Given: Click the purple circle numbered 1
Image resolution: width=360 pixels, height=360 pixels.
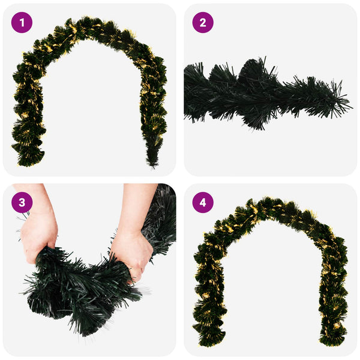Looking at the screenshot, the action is click(22, 23).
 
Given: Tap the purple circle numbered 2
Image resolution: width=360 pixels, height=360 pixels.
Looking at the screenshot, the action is click(203, 23).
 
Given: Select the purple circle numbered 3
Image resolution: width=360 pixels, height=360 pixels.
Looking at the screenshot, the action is click(22, 203).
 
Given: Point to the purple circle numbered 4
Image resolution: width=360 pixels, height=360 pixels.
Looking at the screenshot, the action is click(203, 203).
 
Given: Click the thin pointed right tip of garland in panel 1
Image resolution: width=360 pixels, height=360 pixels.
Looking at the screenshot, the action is click(152, 166).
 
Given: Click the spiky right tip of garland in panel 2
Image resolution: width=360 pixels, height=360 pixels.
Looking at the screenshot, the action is click(344, 103).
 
